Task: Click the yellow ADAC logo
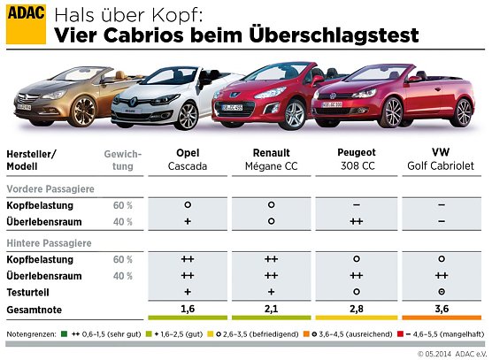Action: (x=26, y=25)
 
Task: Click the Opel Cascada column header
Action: (x=188, y=158)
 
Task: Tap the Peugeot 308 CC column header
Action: (x=357, y=158)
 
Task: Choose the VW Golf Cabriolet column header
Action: (x=440, y=158)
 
